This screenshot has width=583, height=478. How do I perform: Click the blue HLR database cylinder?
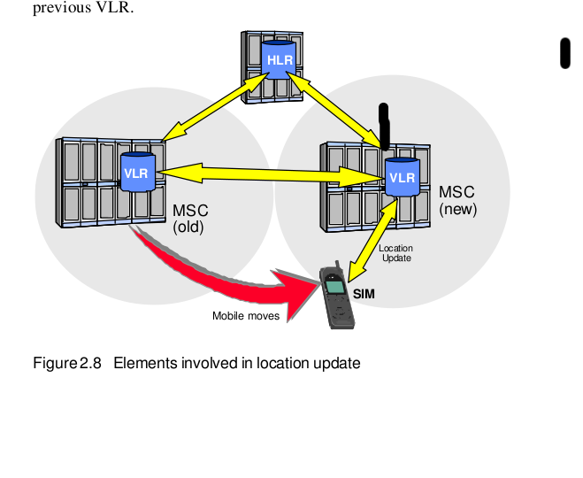point(279,60)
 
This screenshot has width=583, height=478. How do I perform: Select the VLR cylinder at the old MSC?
point(138,172)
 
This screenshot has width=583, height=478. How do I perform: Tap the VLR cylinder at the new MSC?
point(403,177)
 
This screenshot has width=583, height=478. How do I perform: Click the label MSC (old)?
point(190,219)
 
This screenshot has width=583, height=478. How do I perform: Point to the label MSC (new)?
point(457,201)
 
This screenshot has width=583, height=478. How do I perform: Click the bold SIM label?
point(364,294)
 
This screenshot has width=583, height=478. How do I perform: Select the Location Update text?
point(396,253)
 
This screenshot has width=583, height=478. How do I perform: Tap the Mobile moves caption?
point(246,316)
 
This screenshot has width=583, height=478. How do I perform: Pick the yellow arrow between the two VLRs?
point(271,173)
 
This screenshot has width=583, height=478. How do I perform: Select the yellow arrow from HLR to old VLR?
point(216,106)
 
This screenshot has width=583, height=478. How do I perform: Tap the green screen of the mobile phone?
point(334,287)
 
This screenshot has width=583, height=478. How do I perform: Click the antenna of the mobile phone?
point(338,266)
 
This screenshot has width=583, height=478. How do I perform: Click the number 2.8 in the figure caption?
point(90,363)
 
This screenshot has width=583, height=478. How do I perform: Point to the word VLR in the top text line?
point(112,7)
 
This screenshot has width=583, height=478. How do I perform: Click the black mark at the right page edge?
point(565,53)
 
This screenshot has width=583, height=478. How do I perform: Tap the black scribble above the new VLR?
point(384,127)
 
